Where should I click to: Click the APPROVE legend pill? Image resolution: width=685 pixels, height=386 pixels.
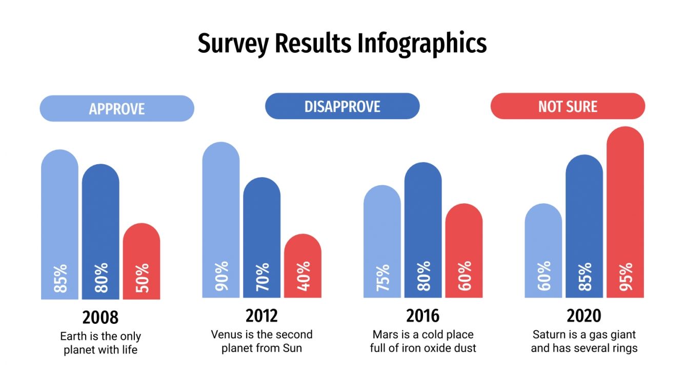point(117,109)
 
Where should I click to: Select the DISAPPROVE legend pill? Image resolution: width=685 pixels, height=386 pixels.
point(342,106)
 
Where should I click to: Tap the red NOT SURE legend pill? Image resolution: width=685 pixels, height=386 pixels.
point(568,106)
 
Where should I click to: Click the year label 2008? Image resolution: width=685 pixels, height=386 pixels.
point(100,317)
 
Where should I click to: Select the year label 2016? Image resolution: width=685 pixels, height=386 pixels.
point(423,315)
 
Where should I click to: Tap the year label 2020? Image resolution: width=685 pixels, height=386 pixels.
point(584,315)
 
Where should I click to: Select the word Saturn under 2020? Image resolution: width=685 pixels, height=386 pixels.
point(549,335)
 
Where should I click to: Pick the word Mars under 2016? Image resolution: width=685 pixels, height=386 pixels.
point(385,335)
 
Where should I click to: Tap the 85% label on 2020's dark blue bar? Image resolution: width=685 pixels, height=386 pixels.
point(585,277)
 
